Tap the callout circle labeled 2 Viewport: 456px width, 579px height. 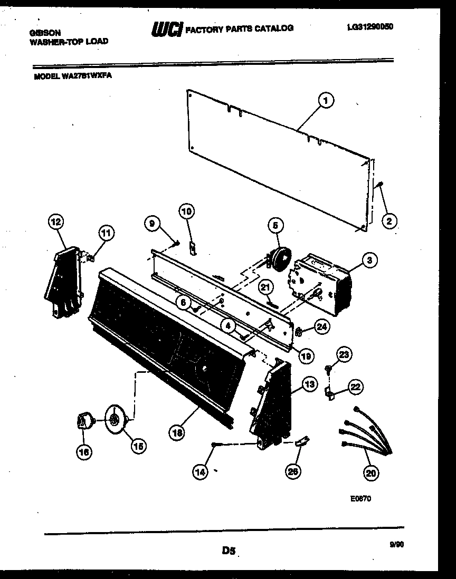[388, 221]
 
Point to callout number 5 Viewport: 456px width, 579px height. [274, 226]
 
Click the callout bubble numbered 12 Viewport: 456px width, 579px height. [55, 222]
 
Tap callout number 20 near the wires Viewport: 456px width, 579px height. [371, 473]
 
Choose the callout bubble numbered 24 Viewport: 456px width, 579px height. [321, 327]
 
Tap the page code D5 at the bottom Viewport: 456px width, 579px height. [228, 551]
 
